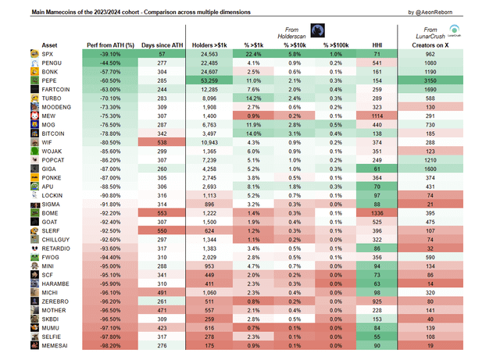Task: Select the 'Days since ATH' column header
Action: click(x=162, y=46)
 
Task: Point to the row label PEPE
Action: click(x=52, y=80)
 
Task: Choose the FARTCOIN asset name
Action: click(x=59, y=91)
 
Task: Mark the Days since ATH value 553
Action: click(x=162, y=212)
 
